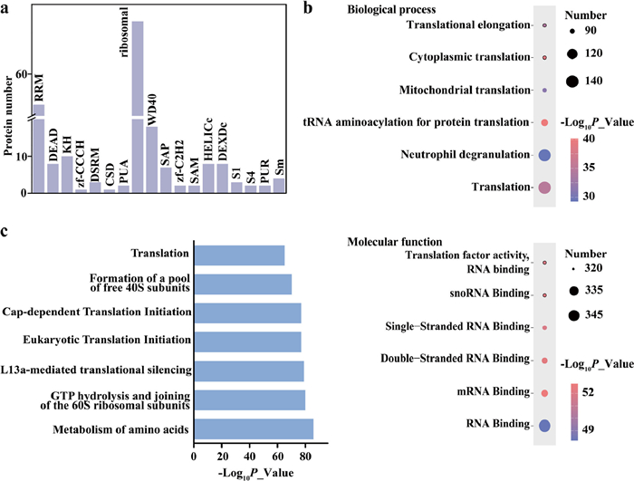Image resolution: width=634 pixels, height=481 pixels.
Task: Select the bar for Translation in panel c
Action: pyautogui.click(x=240, y=255)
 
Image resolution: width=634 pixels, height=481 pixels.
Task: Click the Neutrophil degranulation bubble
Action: pyautogui.click(x=545, y=155)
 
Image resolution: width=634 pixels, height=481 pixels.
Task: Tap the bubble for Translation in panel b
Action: pyautogui.click(x=545, y=188)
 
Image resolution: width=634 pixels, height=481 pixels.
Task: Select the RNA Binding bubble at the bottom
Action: pyautogui.click(x=545, y=425)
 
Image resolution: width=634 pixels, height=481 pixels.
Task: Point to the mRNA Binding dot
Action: pyautogui.click(x=545, y=393)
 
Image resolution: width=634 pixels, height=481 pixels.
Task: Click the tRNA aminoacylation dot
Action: pyautogui.click(x=545, y=122)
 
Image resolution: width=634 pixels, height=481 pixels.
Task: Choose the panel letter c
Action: pyautogui.click(x=5, y=230)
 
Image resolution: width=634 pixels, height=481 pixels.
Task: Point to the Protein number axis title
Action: pyautogui.click(x=8, y=118)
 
